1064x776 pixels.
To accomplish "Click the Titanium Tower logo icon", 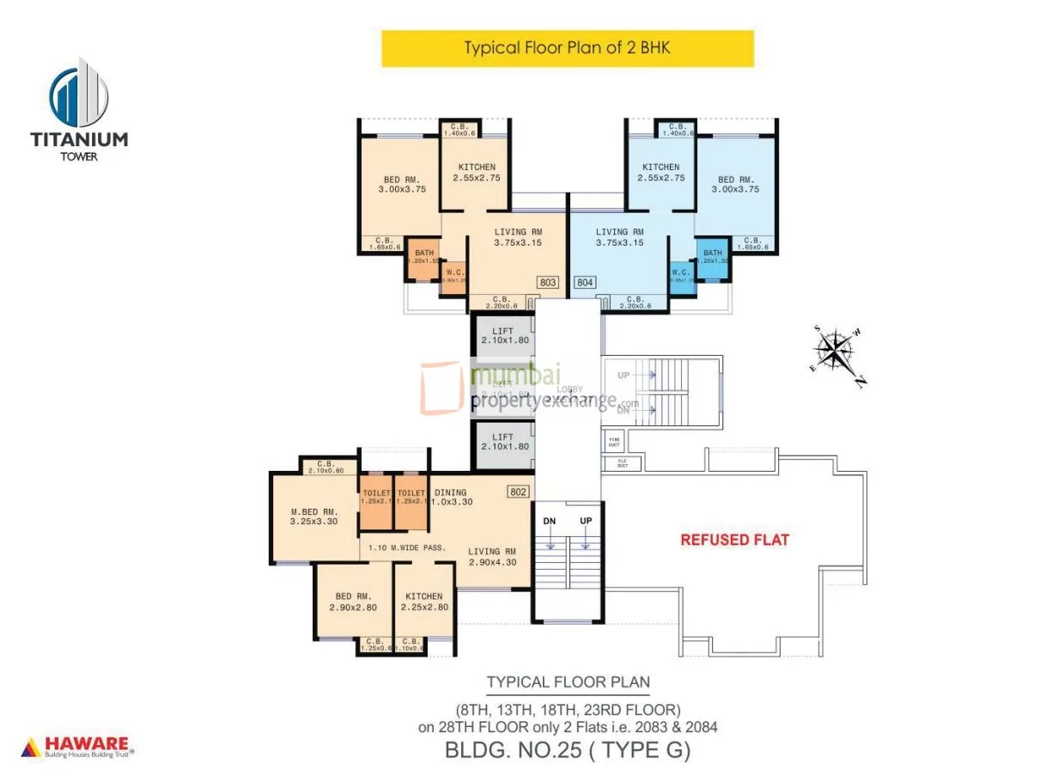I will [x=79, y=92].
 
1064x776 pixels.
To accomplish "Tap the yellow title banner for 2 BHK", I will [x=567, y=48].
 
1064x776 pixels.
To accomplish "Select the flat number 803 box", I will [x=548, y=282].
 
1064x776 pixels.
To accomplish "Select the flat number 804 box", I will [x=584, y=282].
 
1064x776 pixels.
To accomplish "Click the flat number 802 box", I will [x=518, y=492].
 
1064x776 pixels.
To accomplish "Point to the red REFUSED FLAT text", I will [x=734, y=541].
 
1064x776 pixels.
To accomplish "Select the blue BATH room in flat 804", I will [x=712, y=260].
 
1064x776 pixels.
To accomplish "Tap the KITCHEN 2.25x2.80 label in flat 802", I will [x=424, y=602].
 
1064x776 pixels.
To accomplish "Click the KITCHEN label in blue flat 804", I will [x=660, y=173].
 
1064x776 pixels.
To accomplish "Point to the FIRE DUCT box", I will [x=614, y=443].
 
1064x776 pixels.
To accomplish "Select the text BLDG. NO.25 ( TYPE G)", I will [x=568, y=749].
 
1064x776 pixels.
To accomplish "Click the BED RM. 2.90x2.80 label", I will [x=353, y=602].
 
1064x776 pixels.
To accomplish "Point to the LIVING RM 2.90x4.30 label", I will [x=492, y=557].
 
